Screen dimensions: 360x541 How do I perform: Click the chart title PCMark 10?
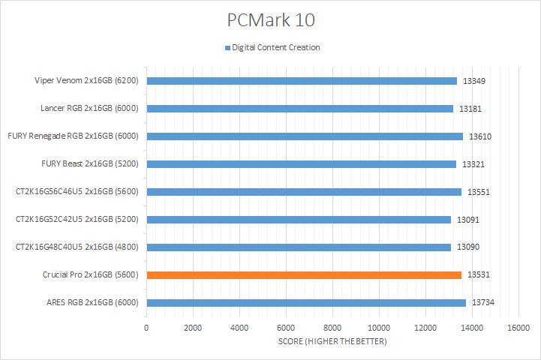coord(270,18)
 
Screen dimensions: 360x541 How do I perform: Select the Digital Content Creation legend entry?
coord(275,47)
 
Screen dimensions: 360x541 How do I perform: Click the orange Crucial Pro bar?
coord(304,275)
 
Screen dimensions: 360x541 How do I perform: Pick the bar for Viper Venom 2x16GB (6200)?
coord(302,81)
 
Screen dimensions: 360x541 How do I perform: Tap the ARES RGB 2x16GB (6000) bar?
coord(306,303)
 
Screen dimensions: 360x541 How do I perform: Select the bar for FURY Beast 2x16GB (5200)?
coord(301,164)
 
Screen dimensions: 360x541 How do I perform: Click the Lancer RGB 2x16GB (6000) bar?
coord(299,109)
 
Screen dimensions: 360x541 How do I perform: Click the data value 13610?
coord(480,136)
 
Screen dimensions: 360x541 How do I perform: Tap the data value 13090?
coord(468,247)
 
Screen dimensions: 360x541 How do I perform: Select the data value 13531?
coord(479,275)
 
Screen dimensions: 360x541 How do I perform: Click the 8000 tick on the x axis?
coord(332,328)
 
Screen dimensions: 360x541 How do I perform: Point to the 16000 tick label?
coord(518,328)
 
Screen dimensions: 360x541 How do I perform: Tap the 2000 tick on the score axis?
coord(193,328)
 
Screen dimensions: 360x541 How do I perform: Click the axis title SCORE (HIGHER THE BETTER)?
coord(332,342)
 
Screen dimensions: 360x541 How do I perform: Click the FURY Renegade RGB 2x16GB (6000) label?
coord(74,136)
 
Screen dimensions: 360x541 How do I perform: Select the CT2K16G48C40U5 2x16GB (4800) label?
coord(78,247)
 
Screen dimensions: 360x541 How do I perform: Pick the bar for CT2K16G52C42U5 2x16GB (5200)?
coord(299,220)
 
